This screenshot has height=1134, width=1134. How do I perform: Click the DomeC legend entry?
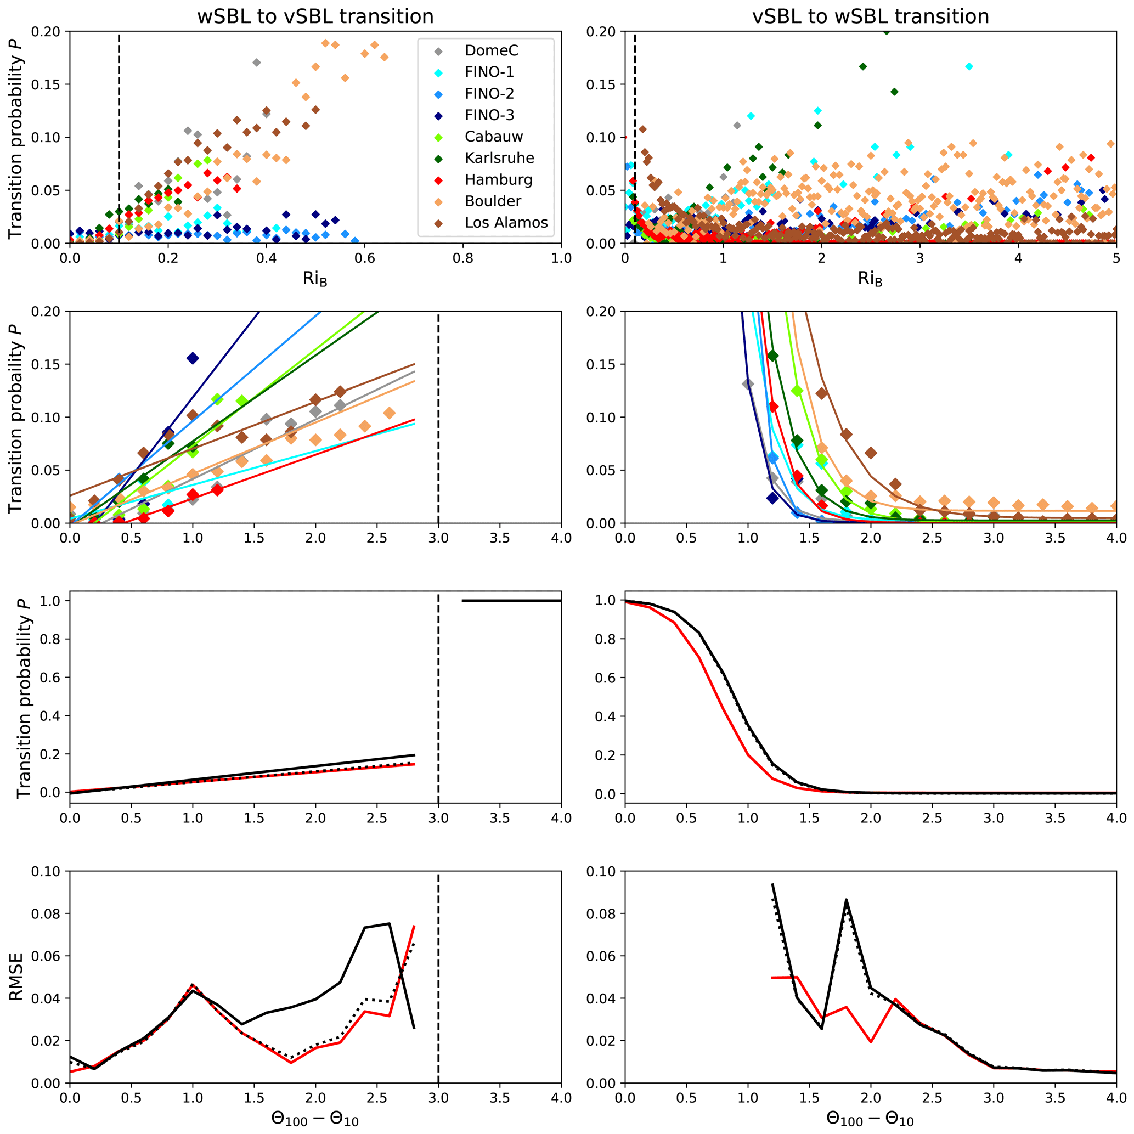[x=491, y=50]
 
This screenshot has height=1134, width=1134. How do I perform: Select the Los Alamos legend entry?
[x=506, y=222]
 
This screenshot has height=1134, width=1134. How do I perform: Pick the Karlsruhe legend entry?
[x=499, y=158]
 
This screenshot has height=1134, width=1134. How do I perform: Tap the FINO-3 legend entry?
[x=489, y=115]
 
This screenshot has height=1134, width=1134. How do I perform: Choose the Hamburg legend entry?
[x=498, y=179]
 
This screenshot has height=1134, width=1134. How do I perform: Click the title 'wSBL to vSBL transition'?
[x=315, y=16]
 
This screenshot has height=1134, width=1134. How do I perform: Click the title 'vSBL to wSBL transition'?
[x=871, y=16]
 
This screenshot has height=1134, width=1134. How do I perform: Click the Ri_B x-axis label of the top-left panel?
[x=315, y=278]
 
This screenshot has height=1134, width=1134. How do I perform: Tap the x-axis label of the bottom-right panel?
[x=870, y=1118]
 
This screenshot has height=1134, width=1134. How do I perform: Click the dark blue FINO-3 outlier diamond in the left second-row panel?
[x=193, y=358]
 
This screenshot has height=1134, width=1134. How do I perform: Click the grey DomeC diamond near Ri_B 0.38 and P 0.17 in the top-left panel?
[x=257, y=62]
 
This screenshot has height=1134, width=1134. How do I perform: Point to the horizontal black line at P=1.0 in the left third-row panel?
[x=511, y=600]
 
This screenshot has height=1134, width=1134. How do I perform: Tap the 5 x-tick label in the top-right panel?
[x=1116, y=258]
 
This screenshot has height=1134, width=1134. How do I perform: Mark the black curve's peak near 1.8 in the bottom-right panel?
[x=847, y=900]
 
